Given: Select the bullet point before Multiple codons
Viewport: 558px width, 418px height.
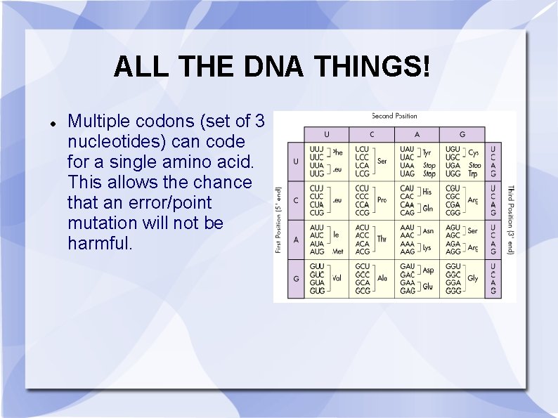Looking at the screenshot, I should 53,123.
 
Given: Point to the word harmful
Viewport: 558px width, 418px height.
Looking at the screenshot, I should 100,243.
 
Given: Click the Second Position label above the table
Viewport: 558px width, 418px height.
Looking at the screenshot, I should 394,116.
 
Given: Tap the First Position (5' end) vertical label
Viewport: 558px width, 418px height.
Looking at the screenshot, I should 279,219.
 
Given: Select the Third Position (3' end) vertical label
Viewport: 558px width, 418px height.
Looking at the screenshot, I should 510,219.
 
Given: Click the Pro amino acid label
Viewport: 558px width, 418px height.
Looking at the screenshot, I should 382,200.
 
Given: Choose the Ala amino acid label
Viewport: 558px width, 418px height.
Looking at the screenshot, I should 382,278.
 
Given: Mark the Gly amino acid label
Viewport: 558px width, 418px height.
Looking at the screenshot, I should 473,278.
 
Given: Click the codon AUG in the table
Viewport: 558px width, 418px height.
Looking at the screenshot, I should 317,252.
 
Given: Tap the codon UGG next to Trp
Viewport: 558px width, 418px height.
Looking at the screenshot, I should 453,174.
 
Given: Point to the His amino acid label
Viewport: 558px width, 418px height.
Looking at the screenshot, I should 427,191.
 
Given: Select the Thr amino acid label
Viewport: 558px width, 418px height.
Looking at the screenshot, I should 382,240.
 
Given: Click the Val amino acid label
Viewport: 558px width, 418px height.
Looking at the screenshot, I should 337,278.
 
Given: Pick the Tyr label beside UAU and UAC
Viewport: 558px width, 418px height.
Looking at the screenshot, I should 427,152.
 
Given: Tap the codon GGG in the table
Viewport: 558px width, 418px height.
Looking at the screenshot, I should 453,290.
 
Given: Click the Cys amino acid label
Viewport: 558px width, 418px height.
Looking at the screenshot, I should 473,152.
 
